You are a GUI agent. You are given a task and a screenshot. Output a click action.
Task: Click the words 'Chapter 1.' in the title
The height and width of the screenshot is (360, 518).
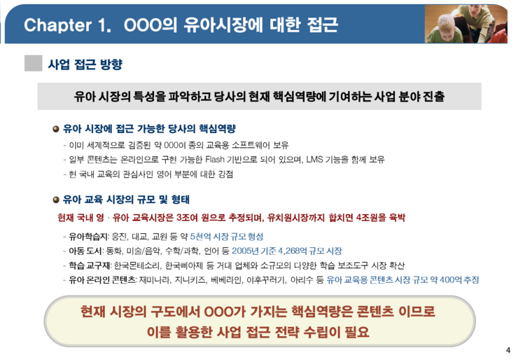click(x=68, y=25)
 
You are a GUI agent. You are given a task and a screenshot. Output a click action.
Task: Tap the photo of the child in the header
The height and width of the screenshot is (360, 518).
click(x=465, y=24)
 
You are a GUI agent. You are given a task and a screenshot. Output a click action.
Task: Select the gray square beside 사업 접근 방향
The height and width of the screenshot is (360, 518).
click(x=34, y=63)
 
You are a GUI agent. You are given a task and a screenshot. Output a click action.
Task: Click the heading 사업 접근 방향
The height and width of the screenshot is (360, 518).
click(x=85, y=64)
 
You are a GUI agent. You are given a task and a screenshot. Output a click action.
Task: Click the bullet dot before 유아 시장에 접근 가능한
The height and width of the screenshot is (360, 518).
click(x=56, y=129)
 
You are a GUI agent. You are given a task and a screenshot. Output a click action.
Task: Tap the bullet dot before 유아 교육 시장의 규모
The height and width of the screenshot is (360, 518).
click(x=56, y=200)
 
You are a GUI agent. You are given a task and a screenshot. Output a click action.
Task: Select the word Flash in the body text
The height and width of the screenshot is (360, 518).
click(x=215, y=160)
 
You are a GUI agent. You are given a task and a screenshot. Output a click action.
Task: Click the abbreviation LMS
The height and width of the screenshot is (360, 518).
click(x=314, y=160)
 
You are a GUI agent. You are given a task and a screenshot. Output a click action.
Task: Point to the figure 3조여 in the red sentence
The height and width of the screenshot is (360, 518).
click(x=188, y=218)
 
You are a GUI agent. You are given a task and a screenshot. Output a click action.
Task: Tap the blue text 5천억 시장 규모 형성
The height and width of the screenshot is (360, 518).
click(x=227, y=236)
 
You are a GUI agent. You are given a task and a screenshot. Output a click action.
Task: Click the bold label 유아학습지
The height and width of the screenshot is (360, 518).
click(x=88, y=237)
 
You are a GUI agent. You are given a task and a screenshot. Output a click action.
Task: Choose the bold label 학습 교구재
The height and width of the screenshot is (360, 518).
click(x=90, y=265)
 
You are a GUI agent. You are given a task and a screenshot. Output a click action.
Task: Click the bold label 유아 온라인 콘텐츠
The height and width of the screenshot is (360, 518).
click(x=102, y=280)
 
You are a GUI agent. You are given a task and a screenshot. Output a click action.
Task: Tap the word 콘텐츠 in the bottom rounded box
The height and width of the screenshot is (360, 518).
click(x=376, y=312)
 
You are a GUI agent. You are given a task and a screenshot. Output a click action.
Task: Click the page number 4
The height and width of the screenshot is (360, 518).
click(x=508, y=350)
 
